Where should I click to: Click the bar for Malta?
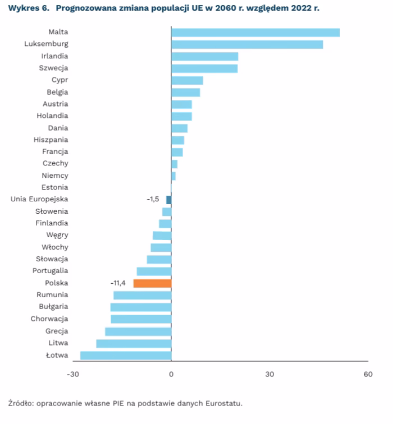(255, 33)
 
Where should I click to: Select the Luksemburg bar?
(247, 44)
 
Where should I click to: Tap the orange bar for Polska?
(152, 283)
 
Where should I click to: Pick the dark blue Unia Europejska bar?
(169, 200)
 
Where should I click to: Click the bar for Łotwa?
(126, 355)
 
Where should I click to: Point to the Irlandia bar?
(204, 56)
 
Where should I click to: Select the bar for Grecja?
(138, 331)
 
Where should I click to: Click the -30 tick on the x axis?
(72, 374)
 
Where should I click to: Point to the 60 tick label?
(368, 374)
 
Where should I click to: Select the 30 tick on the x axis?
(269, 374)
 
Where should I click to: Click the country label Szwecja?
(53, 68)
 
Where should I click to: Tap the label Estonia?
(54, 187)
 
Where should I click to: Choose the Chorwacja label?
(49, 319)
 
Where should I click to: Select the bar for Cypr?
(187, 80)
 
